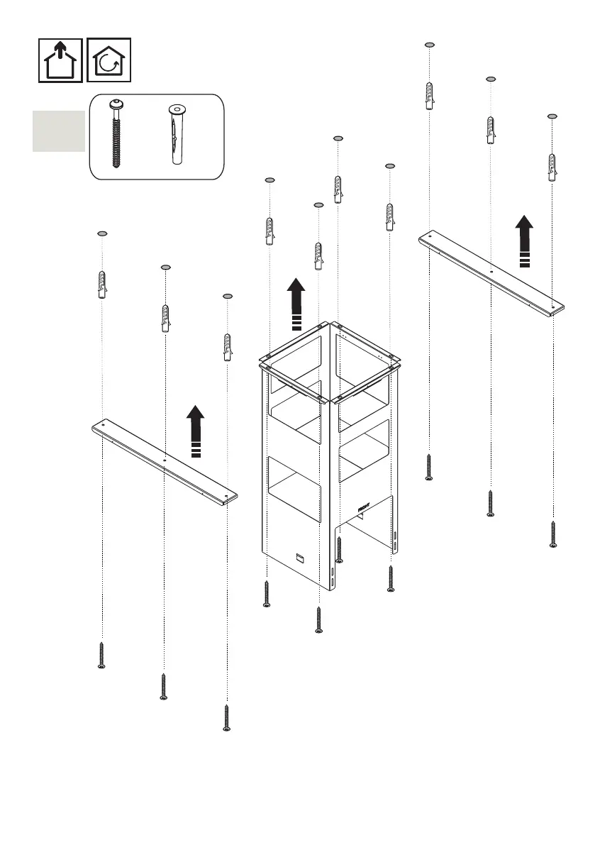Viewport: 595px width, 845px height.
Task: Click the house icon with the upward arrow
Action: [61, 60]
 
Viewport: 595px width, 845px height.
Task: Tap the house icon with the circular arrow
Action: [109, 60]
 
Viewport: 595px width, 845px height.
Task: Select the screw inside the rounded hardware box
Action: [116, 136]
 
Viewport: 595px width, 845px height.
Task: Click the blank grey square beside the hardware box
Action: [58, 131]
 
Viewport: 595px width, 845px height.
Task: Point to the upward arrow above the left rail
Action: [196, 431]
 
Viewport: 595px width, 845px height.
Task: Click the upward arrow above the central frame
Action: [296, 304]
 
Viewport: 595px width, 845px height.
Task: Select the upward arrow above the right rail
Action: [524, 241]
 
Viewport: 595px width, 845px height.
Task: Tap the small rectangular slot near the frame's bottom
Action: [299, 557]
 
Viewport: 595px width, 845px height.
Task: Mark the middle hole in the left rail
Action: [165, 460]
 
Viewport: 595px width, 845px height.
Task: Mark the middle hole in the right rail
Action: [491, 270]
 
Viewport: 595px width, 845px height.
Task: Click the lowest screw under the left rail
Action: [227, 717]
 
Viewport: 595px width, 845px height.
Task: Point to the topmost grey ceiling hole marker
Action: [429, 45]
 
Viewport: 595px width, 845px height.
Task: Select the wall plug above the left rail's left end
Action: [102, 285]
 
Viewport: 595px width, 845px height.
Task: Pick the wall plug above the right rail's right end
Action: [552, 167]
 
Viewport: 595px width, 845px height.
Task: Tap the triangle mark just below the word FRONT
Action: [361, 516]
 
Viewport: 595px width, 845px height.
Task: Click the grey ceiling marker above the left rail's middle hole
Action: [165, 267]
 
